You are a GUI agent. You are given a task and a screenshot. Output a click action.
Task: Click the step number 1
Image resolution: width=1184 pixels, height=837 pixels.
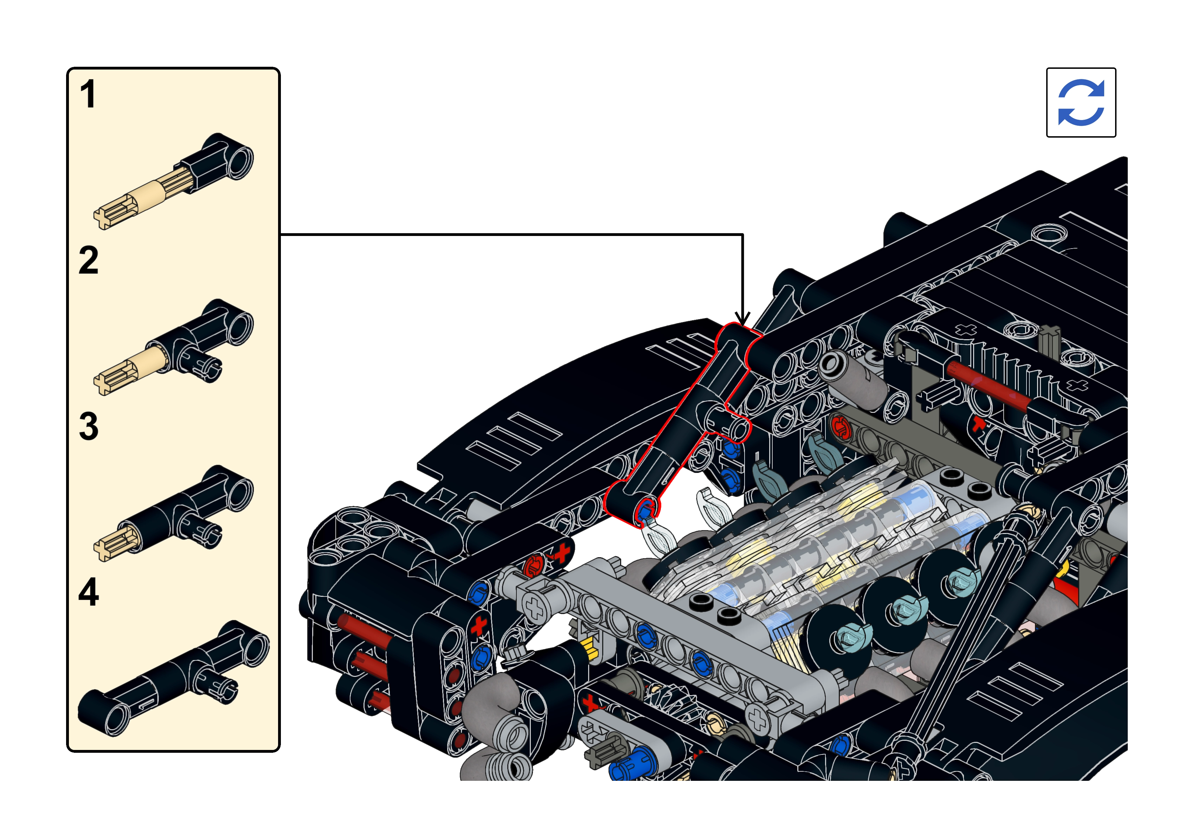[88, 94]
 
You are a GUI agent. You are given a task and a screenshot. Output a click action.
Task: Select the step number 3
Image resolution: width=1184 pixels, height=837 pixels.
[89, 426]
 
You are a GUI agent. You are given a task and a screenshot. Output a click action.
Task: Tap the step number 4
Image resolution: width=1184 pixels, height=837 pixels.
[89, 592]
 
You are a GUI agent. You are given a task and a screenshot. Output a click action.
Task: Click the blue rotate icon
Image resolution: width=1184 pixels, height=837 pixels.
[1081, 103]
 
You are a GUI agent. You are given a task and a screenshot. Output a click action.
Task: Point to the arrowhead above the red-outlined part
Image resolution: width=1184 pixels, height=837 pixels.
[742, 318]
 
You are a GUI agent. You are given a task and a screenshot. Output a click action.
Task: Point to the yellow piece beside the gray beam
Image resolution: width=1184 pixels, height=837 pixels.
[588, 649]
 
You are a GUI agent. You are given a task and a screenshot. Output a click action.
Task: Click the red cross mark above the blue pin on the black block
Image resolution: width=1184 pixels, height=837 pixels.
[478, 625]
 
